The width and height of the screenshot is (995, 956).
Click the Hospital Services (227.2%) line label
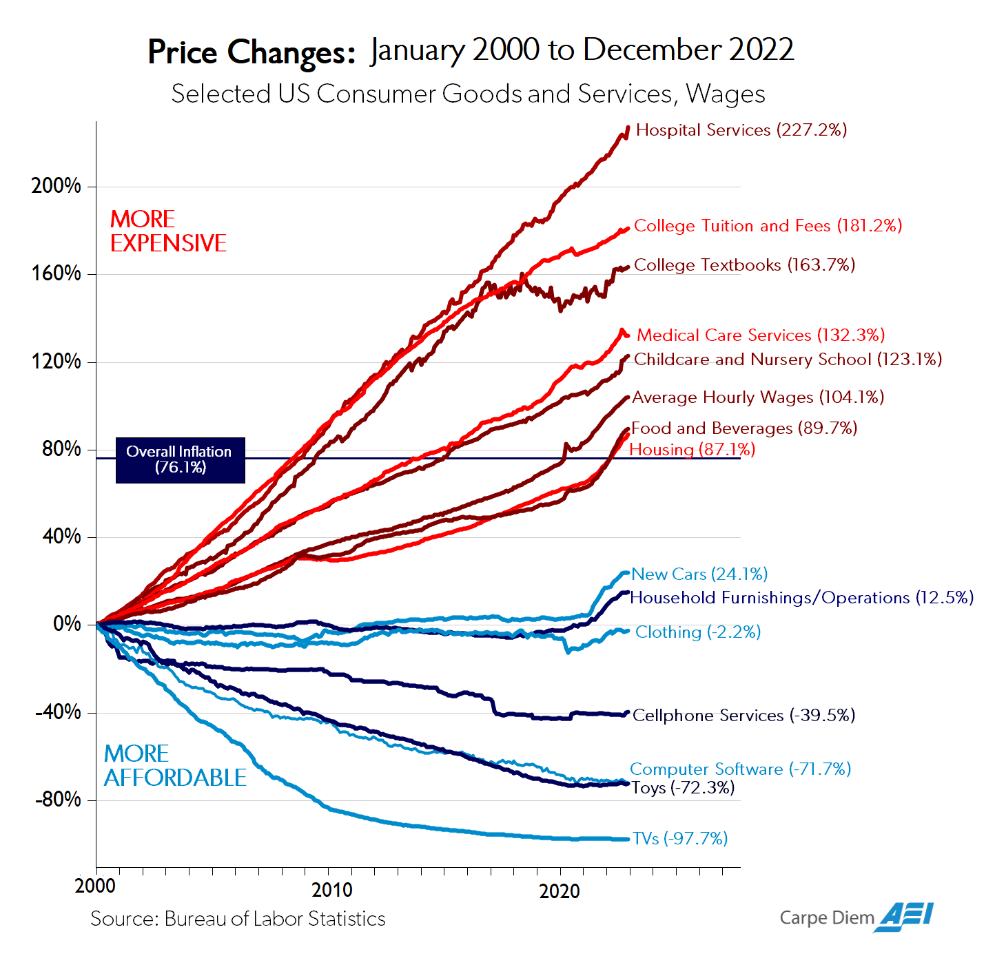point(741,130)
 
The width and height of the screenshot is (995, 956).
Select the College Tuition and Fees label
point(768,226)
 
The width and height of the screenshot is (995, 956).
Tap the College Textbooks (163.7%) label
point(744,265)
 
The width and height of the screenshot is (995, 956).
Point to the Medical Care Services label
point(760,335)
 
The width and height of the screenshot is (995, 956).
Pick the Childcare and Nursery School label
point(788,360)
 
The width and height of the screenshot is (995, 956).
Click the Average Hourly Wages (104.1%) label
point(758,397)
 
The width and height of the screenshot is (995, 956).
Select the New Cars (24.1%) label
point(699,574)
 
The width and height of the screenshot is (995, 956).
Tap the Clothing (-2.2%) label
point(697,632)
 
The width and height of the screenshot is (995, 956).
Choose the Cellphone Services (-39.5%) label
point(743,716)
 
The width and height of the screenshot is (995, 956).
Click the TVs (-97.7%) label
point(680,839)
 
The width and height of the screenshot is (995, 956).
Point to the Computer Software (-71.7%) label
point(740,769)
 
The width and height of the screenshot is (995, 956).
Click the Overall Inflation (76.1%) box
point(180,460)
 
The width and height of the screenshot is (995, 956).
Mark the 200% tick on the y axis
point(56,186)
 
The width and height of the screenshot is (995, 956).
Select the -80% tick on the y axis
point(58,800)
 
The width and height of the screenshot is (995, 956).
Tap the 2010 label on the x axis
point(331,890)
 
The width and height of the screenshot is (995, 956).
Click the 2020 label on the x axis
point(559,891)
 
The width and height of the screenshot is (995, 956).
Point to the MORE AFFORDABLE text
point(175,766)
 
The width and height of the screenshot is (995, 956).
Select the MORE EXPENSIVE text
point(168,231)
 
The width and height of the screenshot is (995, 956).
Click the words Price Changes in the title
point(252,52)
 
